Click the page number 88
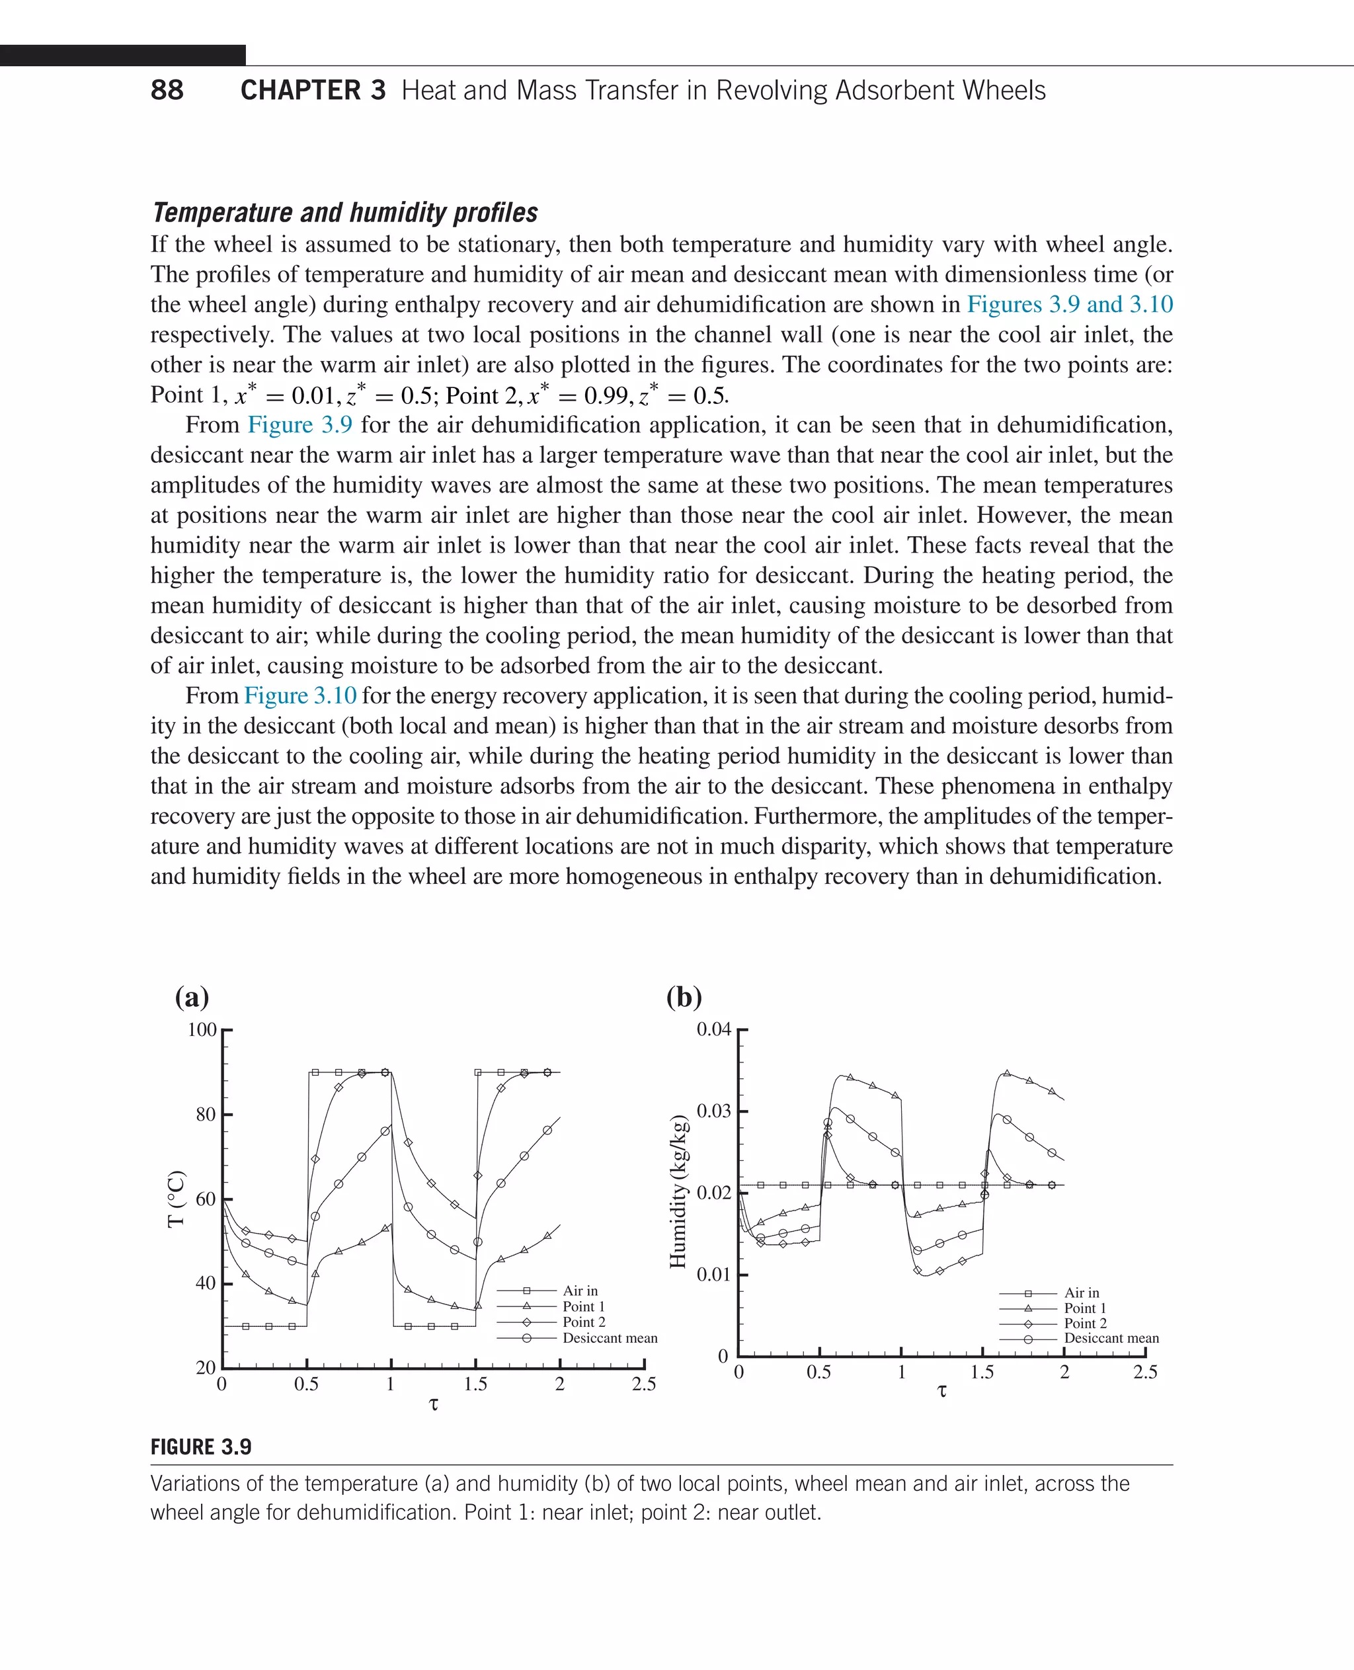167,91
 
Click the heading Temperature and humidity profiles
344,212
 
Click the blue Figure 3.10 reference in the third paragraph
300,695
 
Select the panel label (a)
192,997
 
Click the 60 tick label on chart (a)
206,1199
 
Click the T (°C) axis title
177,1199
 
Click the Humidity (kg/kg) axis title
678,1191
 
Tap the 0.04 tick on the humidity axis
713,1029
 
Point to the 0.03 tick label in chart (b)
713,1111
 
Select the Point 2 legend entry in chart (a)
583,1322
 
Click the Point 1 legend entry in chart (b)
1085,1308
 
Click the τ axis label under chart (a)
434,1404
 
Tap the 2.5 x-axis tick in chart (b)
1145,1372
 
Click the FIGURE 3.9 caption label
201,1448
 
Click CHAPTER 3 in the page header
313,91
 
